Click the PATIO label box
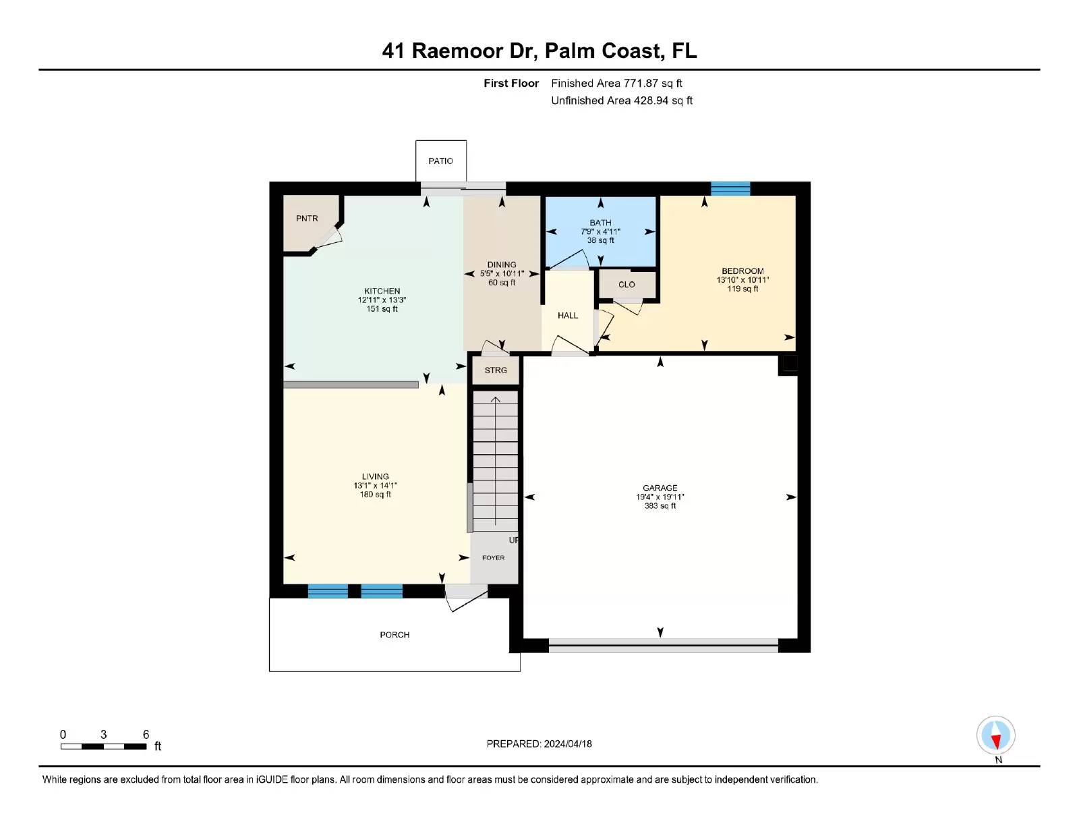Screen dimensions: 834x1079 tap(440, 161)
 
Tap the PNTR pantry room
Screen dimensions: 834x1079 tap(307, 219)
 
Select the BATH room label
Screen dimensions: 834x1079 tap(600, 223)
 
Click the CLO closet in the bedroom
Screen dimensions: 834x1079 tap(626, 285)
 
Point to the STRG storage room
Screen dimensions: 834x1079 tap(496, 370)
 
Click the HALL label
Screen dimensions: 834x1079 tap(568, 315)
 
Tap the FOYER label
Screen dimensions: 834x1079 tap(493, 558)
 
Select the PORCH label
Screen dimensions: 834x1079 tap(395, 635)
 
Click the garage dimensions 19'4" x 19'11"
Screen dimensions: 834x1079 tap(660, 497)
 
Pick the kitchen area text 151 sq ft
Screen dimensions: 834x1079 tap(382, 309)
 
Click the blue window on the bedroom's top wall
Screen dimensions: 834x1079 tap(730, 188)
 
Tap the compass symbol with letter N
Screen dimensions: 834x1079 tap(996, 736)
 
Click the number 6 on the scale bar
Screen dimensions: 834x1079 tap(146, 735)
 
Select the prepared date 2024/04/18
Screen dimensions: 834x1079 tap(568, 744)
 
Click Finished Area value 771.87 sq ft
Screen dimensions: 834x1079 tap(652, 84)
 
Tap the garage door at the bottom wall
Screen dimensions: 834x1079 tap(663, 645)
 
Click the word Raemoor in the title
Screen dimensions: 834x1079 tap(457, 51)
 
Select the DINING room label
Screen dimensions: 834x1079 tap(502, 265)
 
